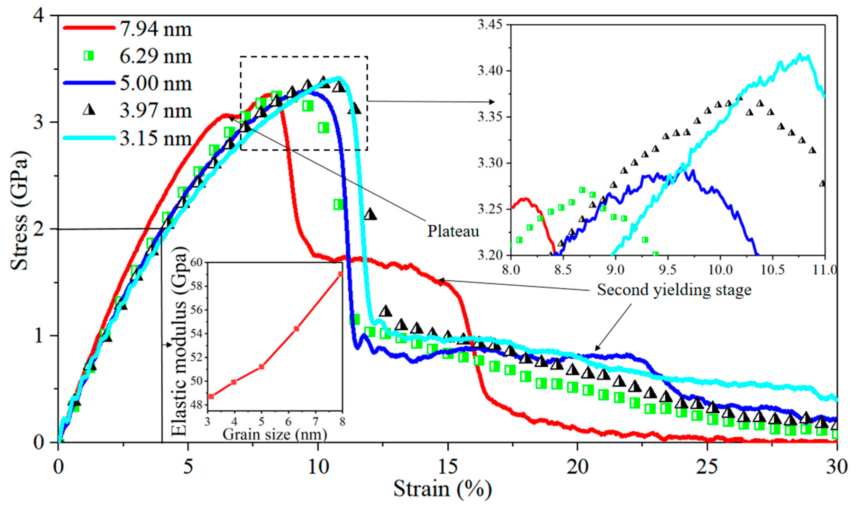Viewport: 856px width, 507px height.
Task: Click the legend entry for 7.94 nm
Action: (155, 29)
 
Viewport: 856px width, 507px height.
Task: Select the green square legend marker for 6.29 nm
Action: (89, 56)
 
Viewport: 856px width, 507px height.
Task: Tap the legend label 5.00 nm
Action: (155, 84)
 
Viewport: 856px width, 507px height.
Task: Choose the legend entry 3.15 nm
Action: (155, 139)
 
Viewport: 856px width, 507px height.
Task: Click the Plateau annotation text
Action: (453, 231)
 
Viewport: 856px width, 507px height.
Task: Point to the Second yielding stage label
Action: (674, 290)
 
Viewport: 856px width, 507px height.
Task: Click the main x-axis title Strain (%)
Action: (442, 489)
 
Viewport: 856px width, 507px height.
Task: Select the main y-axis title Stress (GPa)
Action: (20, 211)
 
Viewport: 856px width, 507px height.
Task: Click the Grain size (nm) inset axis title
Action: (274, 435)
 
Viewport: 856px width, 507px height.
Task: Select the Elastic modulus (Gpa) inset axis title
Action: (180, 341)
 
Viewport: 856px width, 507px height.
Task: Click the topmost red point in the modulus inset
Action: (340, 274)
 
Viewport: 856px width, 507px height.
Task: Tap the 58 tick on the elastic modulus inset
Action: (198, 286)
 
